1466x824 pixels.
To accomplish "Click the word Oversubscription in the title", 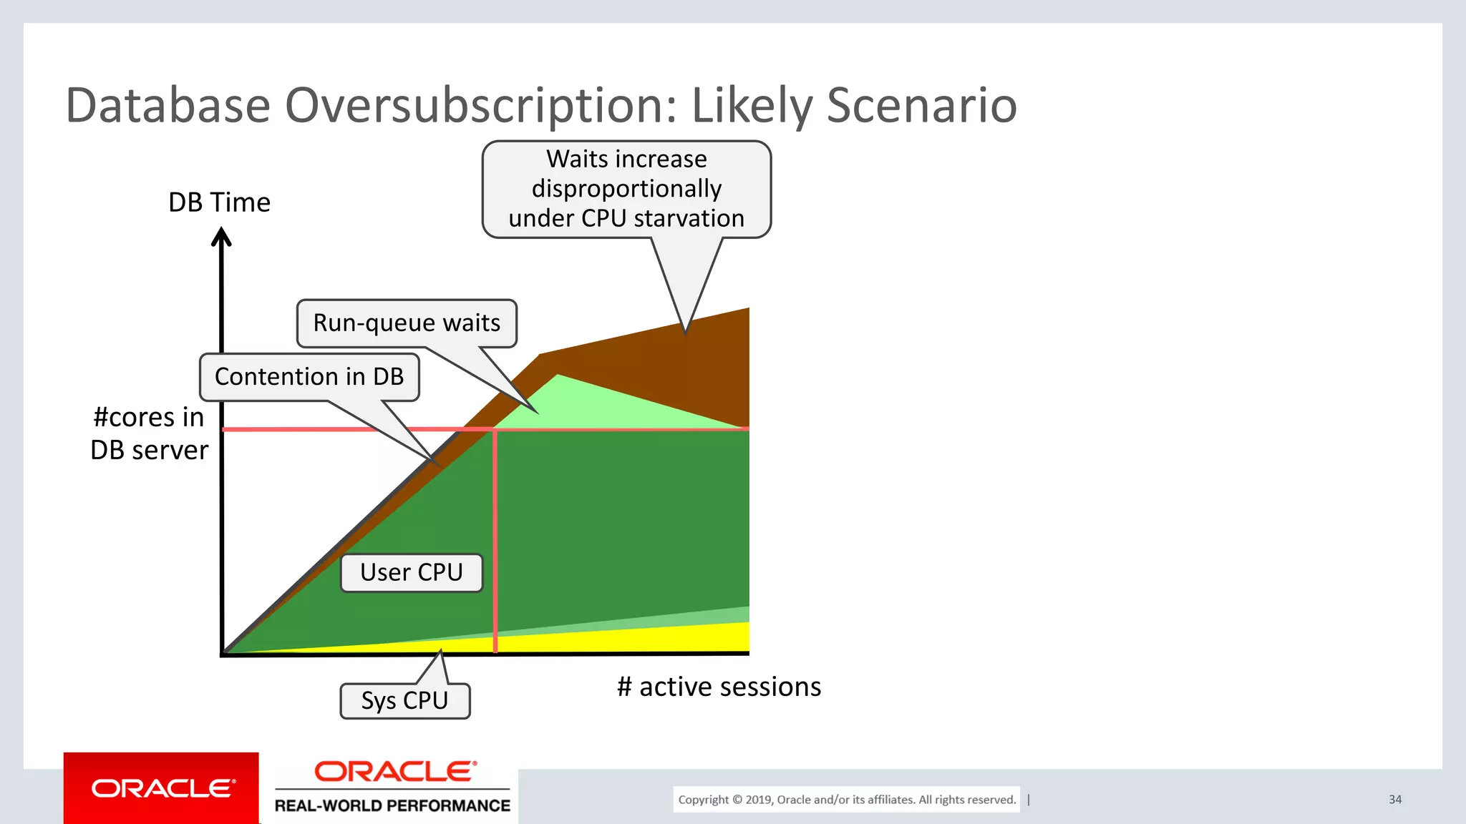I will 480,106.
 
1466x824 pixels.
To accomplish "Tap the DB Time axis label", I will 219,202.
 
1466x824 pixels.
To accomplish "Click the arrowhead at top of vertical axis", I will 221,237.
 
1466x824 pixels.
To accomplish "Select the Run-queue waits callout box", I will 407,323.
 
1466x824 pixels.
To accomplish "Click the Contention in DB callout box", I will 309,377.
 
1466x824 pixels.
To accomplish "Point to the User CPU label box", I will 412,572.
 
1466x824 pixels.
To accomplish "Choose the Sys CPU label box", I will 404,701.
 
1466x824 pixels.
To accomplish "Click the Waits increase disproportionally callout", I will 626,189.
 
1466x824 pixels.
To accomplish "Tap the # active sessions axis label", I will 719,687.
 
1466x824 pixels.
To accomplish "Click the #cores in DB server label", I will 149,433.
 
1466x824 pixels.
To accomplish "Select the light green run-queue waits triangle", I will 573,404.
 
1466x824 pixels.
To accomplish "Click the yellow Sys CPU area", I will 644,640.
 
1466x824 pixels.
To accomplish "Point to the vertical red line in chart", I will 495,544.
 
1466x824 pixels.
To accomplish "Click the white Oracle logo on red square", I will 162,788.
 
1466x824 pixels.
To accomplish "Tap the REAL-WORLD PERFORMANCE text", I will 392,806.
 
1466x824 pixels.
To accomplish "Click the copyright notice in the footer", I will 847,800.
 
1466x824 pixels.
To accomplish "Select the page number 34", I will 1395,800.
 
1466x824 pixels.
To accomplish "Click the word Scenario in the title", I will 921,106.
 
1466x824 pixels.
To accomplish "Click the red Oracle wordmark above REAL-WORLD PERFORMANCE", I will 395,772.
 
